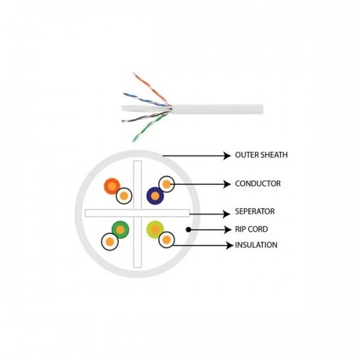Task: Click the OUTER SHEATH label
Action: (261, 155)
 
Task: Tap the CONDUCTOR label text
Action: (258, 184)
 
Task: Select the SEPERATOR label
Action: (255, 212)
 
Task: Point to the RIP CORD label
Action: (251, 229)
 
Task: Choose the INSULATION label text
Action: (256, 245)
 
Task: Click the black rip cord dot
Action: (189, 230)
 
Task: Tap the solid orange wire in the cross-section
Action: (112, 186)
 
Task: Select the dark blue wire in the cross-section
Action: (155, 196)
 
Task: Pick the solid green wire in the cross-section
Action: (120, 230)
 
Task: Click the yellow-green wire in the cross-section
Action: (155, 230)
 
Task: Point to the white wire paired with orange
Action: (124, 196)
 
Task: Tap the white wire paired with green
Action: (110, 241)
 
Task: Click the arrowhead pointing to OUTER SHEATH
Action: (227, 156)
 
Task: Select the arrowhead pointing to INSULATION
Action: (230, 246)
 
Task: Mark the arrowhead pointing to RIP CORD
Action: (228, 230)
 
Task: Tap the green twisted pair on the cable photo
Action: (149, 128)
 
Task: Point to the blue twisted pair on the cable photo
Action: (146, 99)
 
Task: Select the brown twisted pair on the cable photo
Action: (146, 117)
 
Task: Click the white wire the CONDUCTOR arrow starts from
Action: (166, 184)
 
